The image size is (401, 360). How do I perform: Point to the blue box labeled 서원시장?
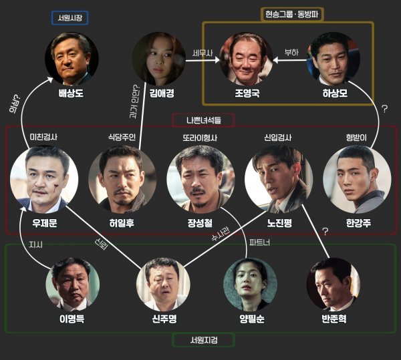pyautogui.click(x=70, y=17)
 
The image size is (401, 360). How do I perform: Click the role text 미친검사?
pyautogui.click(x=44, y=138)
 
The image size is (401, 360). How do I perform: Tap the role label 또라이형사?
pyautogui.click(x=200, y=138)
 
